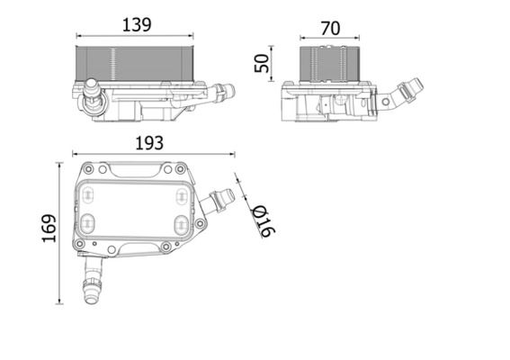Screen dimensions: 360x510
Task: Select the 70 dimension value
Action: [x=330, y=28]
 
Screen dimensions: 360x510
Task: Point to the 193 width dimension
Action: [x=150, y=141]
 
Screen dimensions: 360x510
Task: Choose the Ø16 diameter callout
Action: [x=264, y=220]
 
